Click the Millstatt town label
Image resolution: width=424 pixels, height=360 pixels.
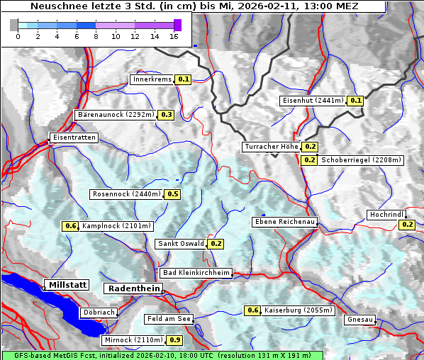(67, 285)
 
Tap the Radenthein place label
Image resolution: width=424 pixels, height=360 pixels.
(133, 288)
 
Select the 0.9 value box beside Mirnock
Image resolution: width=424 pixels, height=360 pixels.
(175, 340)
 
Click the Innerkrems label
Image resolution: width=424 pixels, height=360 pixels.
(152, 79)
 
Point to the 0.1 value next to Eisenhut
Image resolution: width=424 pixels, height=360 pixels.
(355, 101)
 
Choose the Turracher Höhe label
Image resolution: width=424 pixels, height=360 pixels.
(271, 147)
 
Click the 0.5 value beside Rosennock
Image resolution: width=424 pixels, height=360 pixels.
(172, 194)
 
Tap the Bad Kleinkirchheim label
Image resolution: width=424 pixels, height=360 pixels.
(196, 273)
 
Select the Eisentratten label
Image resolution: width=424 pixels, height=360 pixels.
(73, 137)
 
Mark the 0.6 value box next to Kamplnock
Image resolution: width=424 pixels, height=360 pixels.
(70, 226)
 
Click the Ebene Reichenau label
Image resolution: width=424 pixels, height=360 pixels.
(285, 222)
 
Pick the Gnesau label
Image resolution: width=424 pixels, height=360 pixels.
(359, 320)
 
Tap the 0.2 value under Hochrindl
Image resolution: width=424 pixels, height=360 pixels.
(407, 225)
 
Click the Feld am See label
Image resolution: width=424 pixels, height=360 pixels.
(169, 319)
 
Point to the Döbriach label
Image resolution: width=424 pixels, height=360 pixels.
(99, 312)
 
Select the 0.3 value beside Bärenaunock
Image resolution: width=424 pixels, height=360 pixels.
(167, 115)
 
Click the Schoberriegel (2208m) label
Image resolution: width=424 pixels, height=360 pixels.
(361, 160)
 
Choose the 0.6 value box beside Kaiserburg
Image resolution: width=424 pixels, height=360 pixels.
(252, 310)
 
